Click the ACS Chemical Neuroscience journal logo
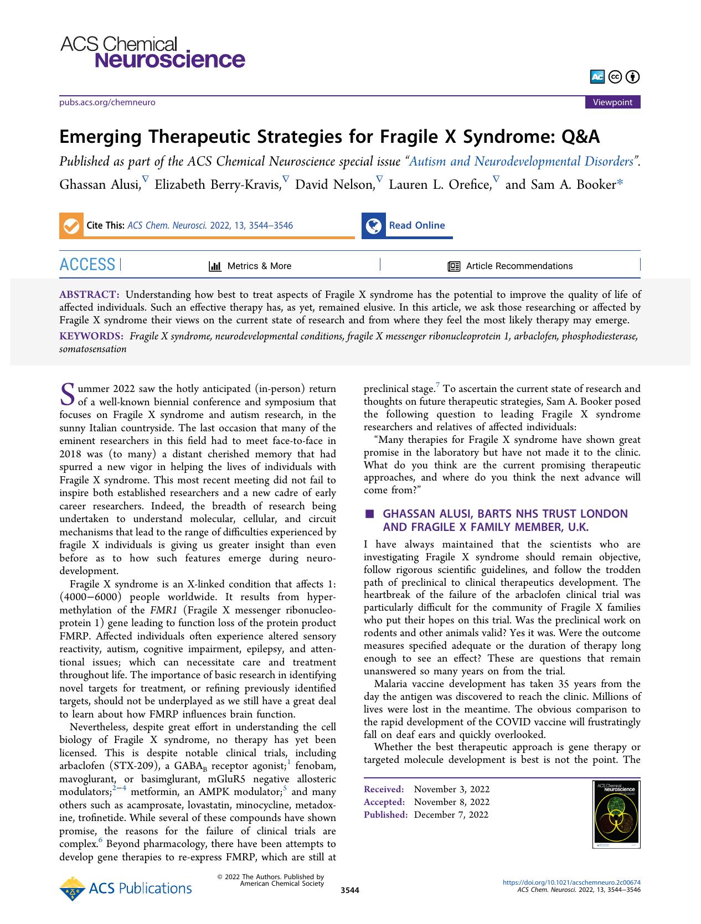click(152, 53)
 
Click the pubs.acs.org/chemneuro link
click(107, 102)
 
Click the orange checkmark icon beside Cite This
click(71, 226)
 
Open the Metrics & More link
click(250, 266)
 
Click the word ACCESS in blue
click(87, 265)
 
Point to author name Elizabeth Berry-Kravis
click(218, 185)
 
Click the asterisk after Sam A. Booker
click(620, 184)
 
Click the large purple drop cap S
click(67, 394)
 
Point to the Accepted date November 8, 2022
click(451, 802)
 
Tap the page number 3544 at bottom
click(350, 890)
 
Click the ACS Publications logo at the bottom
click(126, 889)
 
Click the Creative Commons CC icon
click(615, 77)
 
